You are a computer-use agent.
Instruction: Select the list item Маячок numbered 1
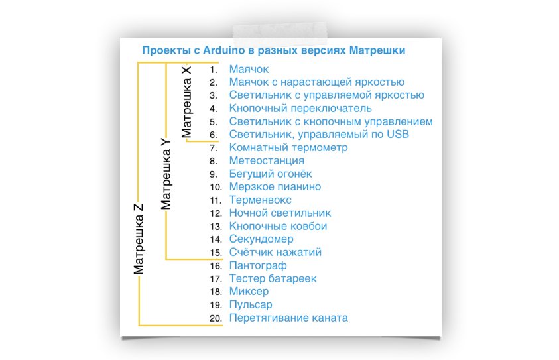(249, 69)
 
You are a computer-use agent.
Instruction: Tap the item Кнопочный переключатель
(300, 108)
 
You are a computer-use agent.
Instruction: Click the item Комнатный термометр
(288, 147)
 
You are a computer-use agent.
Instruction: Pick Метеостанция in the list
(267, 160)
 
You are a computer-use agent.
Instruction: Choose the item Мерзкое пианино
(275, 187)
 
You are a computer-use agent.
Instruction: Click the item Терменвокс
(261, 200)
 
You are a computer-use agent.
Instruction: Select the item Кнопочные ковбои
(278, 226)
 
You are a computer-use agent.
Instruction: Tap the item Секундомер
(261, 239)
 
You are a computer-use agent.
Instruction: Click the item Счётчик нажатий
(275, 253)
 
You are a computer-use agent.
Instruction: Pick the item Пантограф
(258, 265)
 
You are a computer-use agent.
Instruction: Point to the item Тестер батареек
(273, 278)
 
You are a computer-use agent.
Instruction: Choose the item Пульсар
(251, 305)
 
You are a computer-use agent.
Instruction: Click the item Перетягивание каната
(288, 318)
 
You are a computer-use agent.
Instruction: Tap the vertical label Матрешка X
(187, 101)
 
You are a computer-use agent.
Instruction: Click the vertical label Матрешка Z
(139, 238)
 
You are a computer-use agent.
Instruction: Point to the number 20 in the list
(215, 318)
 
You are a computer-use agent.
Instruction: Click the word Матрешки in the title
(377, 50)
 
